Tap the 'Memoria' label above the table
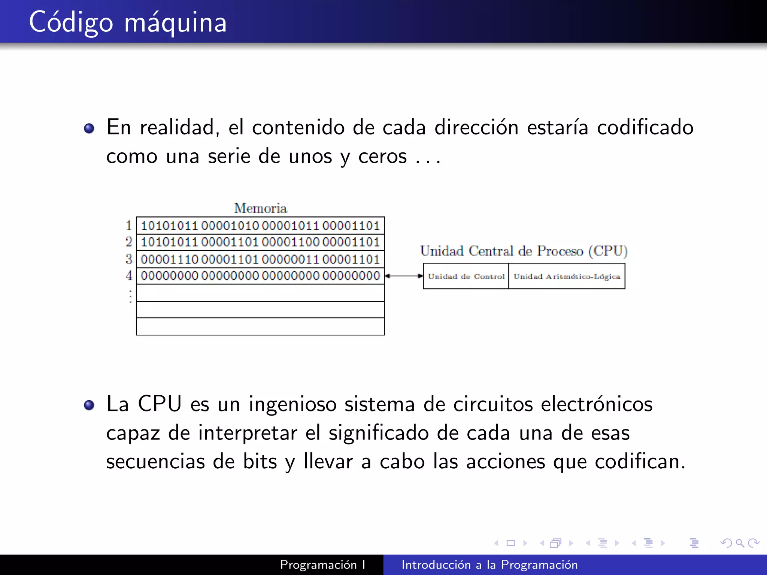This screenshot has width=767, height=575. (260, 208)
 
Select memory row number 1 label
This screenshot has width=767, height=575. (129, 225)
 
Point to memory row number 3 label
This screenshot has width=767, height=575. (129, 259)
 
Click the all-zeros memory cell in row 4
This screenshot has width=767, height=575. (260, 276)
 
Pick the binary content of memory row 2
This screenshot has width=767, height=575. (260, 242)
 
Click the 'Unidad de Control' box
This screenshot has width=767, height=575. (466, 276)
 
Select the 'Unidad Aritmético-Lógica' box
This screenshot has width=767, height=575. (567, 276)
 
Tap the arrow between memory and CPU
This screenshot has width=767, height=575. (404, 276)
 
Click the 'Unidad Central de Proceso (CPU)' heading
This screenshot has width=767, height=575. (524, 251)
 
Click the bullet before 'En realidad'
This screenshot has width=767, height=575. (89, 129)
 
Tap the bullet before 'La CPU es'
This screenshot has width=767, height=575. (89, 405)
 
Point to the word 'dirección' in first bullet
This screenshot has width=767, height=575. (476, 127)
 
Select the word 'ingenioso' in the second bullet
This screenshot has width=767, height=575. (292, 404)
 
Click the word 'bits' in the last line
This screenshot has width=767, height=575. (260, 461)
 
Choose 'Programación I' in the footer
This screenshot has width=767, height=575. (322, 565)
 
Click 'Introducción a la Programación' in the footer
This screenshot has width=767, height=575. (489, 565)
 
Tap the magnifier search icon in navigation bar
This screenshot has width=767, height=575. (740, 543)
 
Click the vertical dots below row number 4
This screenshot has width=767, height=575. (130, 296)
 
